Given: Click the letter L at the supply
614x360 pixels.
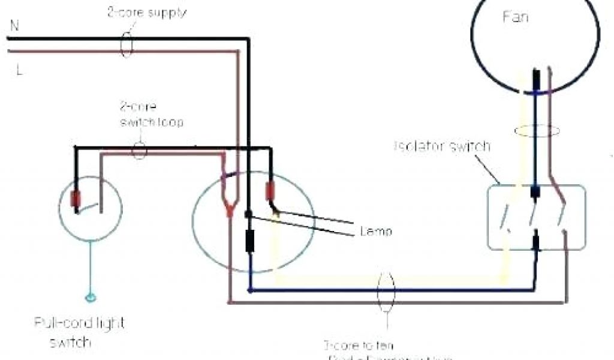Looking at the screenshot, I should click(x=19, y=70).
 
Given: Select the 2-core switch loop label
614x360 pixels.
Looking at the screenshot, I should click(x=151, y=115).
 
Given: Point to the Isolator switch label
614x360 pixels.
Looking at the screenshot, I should click(x=442, y=146).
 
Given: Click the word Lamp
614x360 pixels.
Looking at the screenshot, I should click(x=377, y=231).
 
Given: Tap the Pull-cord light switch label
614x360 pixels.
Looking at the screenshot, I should click(x=79, y=332).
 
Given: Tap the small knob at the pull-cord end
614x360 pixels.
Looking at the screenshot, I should click(x=91, y=297).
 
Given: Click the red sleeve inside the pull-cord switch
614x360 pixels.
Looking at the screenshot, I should click(x=76, y=199).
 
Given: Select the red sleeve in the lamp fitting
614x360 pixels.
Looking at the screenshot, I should click(x=270, y=190).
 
